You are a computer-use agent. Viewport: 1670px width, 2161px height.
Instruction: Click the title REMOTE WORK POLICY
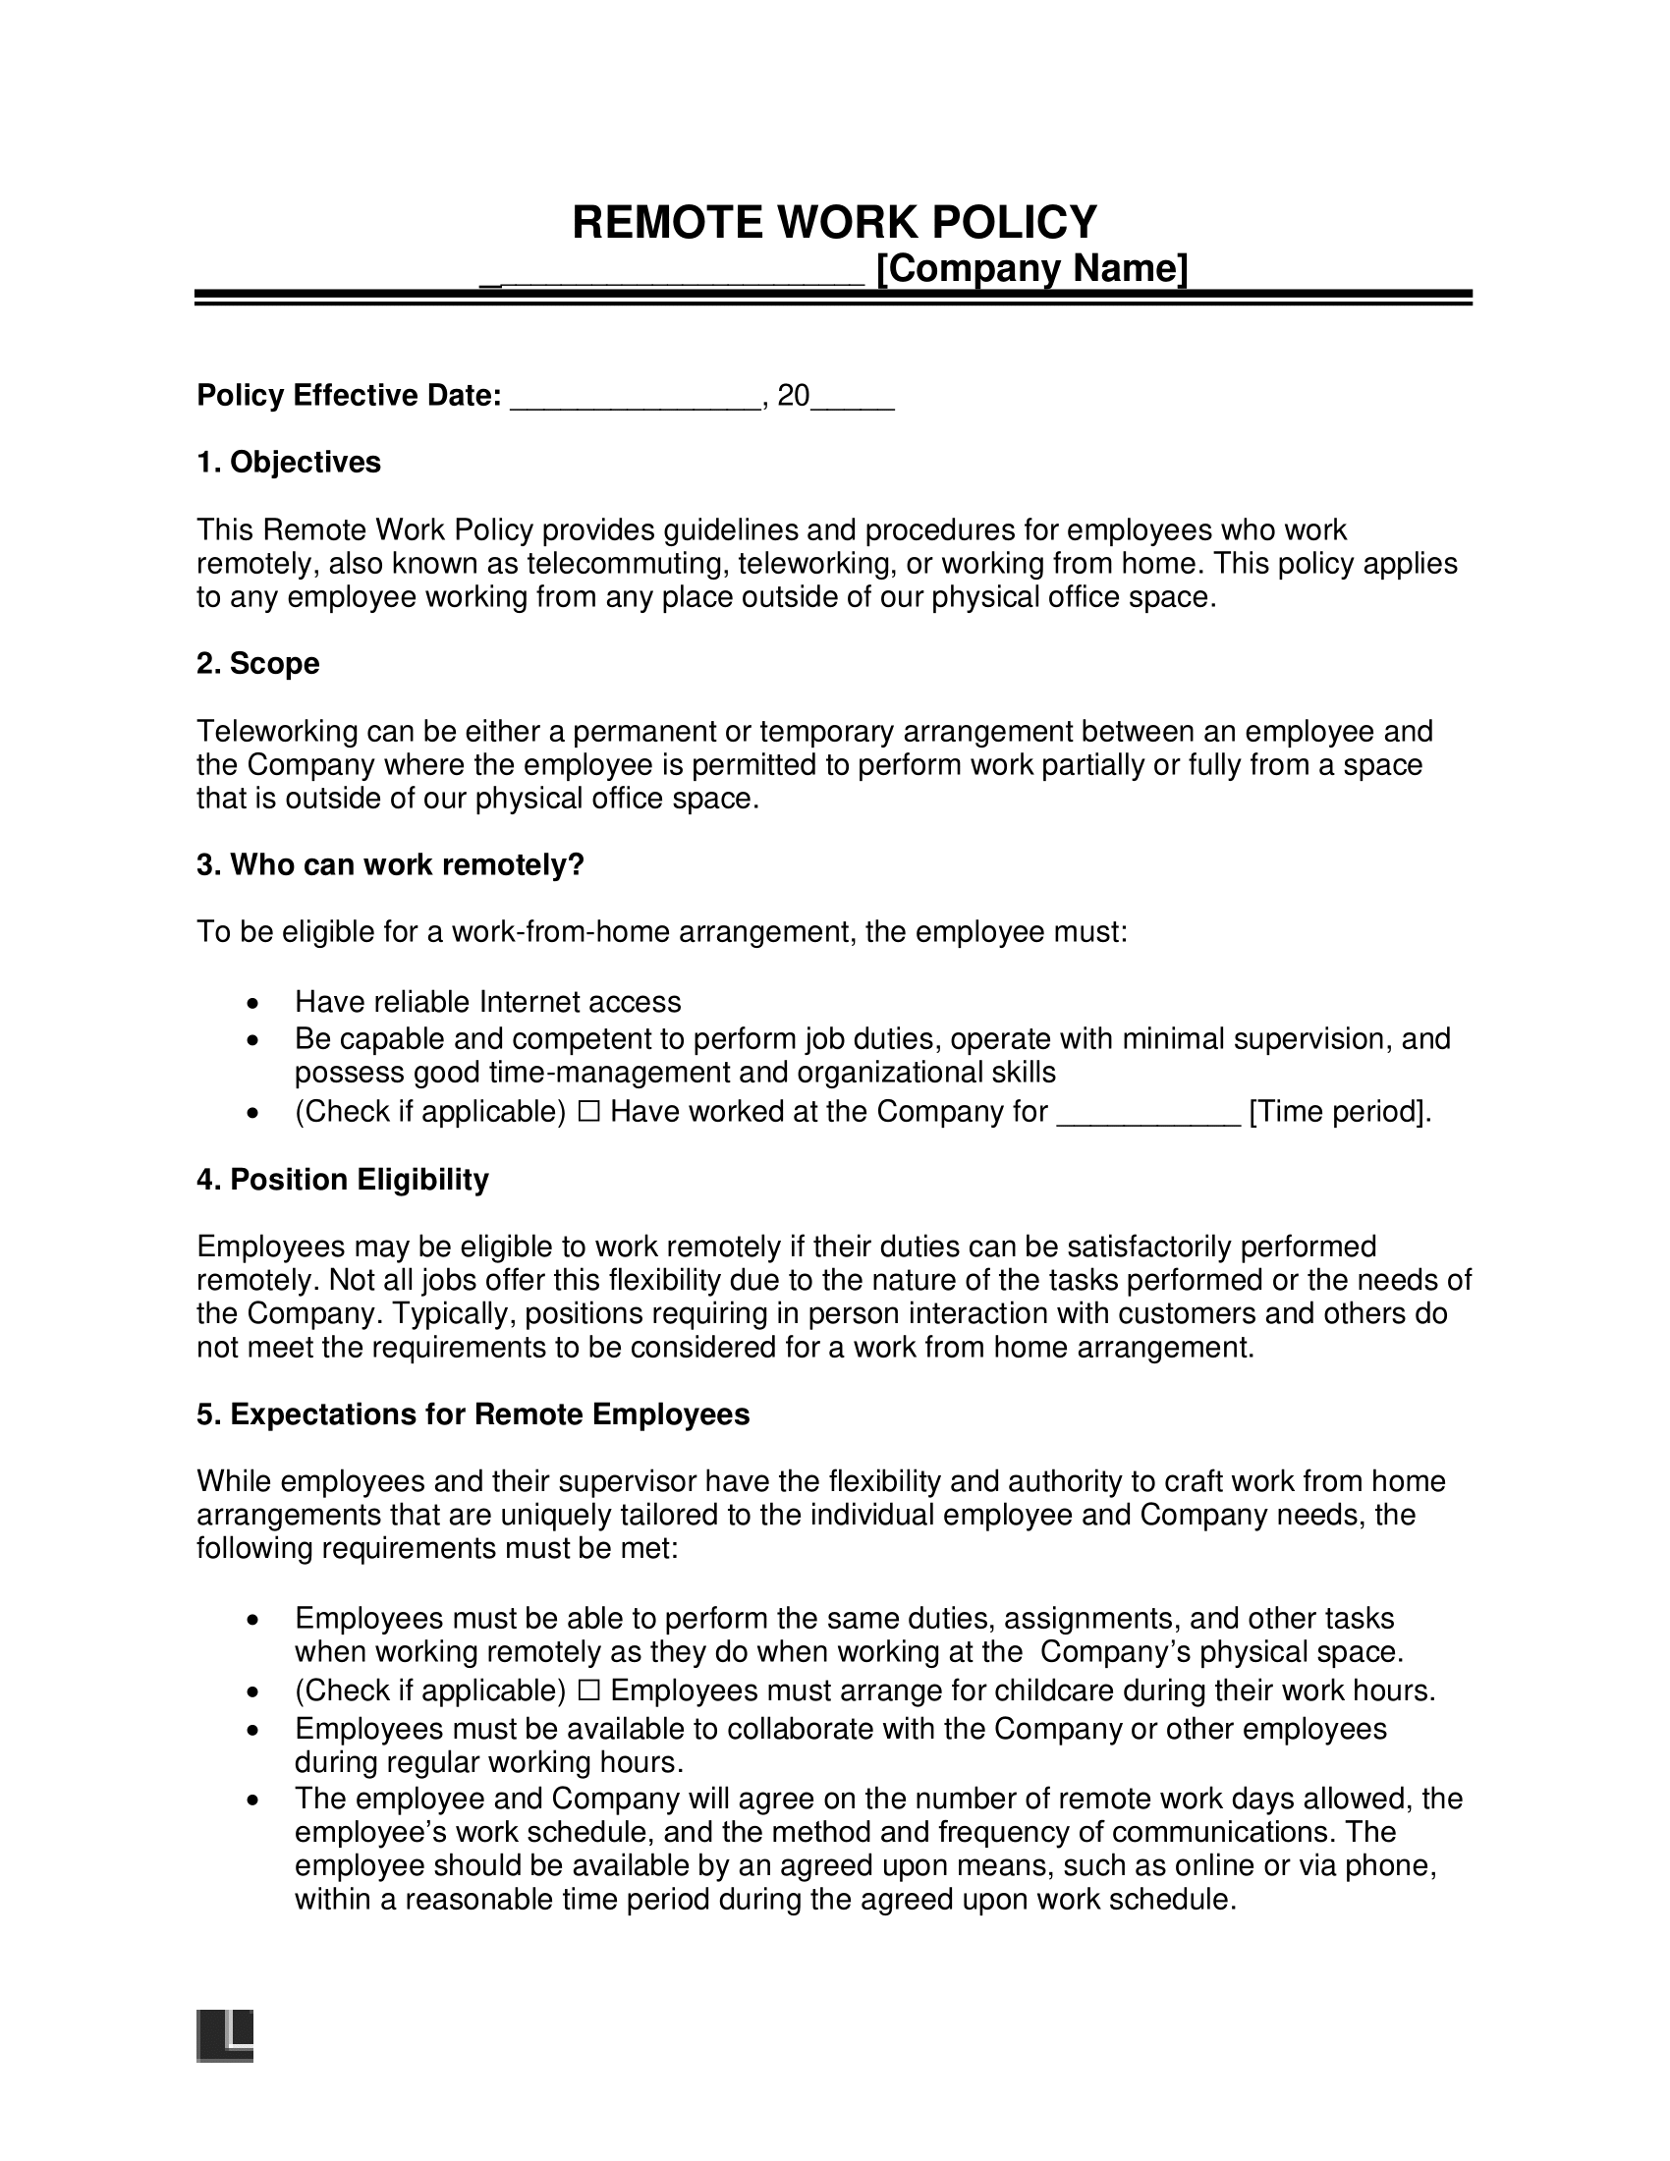(834, 222)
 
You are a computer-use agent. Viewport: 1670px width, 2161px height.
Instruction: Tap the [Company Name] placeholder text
(1031, 268)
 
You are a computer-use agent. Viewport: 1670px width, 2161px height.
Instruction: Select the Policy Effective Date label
(349, 396)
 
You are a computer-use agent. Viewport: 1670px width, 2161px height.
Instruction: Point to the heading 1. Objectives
(288, 462)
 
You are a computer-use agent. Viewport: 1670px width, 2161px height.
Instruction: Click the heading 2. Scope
(257, 663)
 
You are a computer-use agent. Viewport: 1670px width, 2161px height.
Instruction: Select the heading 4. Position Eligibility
(342, 1180)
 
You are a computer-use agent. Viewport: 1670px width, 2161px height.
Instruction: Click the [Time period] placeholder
(1340, 1112)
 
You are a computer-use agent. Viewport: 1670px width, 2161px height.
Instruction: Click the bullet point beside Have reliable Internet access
(254, 1004)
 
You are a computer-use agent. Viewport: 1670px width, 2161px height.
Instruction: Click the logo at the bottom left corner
(225, 2035)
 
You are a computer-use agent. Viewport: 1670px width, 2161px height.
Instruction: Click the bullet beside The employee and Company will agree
(254, 1800)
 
